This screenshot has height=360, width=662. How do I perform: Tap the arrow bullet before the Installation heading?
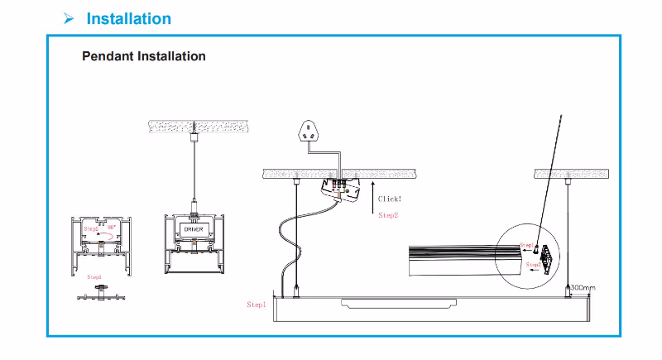pyautogui.click(x=70, y=18)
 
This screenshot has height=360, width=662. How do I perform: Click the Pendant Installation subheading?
pyautogui.click(x=144, y=56)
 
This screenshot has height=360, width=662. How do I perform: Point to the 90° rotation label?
pyautogui.click(x=111, y=225)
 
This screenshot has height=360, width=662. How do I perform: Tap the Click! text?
pyautogui.click(x=390, y=199)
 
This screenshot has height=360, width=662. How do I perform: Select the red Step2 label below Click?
pyautogui.click(x=388, y=215)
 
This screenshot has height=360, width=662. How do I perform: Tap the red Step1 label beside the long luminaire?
pyautogui.click(x=257, y=305)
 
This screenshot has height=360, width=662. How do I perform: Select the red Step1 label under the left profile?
pyautogui.click(x=94, y=276)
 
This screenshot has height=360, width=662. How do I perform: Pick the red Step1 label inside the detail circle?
pyautogui.click(x=527, y=246)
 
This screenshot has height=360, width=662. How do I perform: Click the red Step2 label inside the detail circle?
pyautogui.click(x=533, y=264)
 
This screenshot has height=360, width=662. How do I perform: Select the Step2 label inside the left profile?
pyautogui.click(x=90, y=226)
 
